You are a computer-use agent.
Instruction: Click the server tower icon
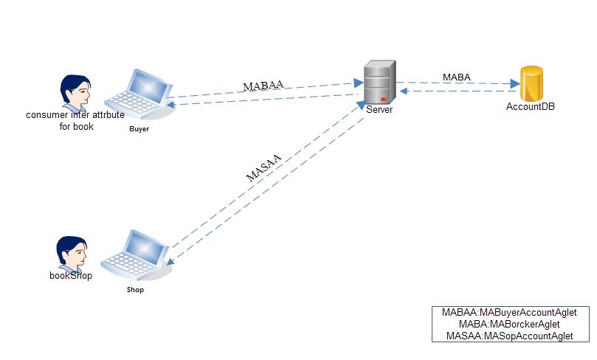[x=380, y=83]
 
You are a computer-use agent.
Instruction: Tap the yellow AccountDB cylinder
[x=531, y=83]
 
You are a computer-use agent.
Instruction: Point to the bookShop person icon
[x=72, y=253]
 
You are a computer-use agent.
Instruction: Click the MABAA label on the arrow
[x=263, y=86]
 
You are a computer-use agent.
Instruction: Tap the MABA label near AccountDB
[x=457, y=77]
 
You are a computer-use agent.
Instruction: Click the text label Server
[x=379, y=110]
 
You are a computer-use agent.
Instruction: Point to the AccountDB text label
[x=530, y=106]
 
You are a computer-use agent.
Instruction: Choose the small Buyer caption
[x=139, y=129]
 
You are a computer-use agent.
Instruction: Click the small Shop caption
[x=134, y=290]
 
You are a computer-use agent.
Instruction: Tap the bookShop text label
[x=71, y=277]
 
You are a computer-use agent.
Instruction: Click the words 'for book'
[x=77, y=126]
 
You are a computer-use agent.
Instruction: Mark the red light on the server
[x=384, y=100]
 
